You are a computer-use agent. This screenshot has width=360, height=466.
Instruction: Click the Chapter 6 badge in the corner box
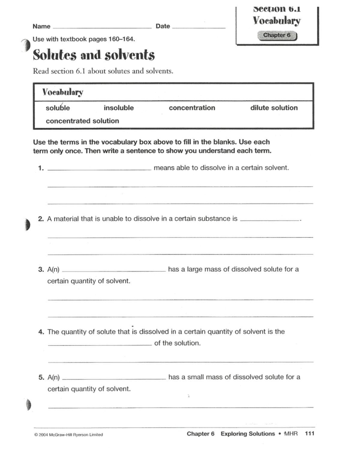(x=277, y=35)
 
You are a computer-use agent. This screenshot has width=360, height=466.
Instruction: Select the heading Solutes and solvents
(x=94, y=55)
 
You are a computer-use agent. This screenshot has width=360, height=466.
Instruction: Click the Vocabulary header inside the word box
(x=63, y=92)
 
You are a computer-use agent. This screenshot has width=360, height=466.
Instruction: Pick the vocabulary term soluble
(x=58, y=108)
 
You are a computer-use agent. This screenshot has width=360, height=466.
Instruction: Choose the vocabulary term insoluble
(x=119, y=108)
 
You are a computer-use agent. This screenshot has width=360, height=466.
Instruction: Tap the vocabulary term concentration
(x=192, y=108)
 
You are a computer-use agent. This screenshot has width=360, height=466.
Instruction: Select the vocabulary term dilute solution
(x=274, y=108)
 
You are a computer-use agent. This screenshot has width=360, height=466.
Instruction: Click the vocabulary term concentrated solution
(x=82, y=121)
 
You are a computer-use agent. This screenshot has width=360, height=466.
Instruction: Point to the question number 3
(x=41, y=269)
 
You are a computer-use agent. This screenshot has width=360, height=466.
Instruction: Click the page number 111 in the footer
(x=309, y=434)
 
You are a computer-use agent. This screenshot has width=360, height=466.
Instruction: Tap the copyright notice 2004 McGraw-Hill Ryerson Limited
(x=69, y=434)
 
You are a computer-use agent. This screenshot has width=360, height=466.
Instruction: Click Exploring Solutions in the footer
(x=247, y=434)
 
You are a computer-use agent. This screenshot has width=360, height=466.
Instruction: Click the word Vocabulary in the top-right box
(x=276, y=21)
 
